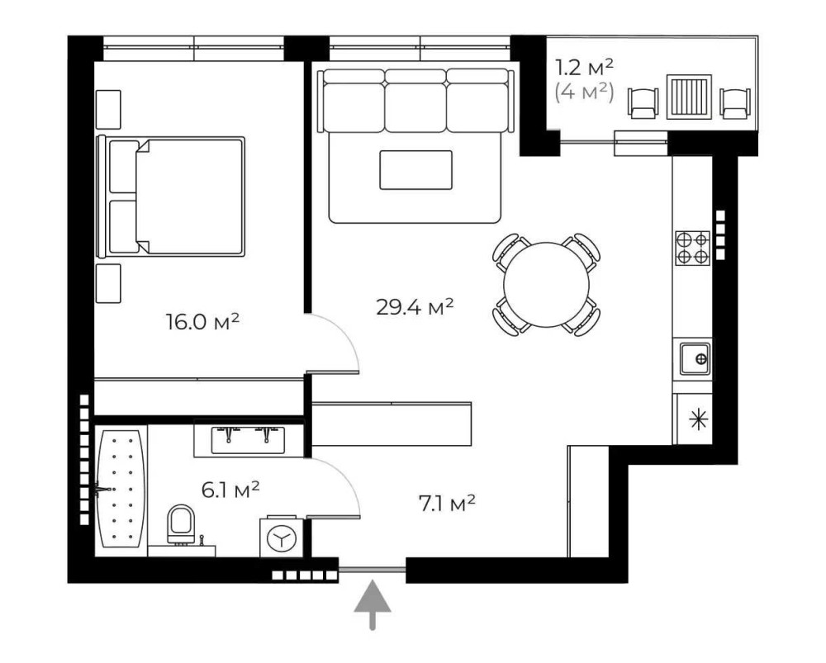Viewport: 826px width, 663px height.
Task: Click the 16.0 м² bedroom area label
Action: pyautogui.click(x=203, y=320)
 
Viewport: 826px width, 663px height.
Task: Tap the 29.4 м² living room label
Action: pyautogui.click(x=415, y=306)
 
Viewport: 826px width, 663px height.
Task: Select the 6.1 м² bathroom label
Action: pyautogui.click(x=230, y=490)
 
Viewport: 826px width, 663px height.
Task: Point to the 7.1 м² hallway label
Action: pyautogui.click(x=447, y=503)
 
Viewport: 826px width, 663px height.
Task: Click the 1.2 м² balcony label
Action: pyautogui.click(x=585, y=67)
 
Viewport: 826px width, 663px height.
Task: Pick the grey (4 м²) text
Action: pyautogui.click(x=585, y=92)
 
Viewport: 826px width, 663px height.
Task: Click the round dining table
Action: pyautogui.click(x=546, y=284)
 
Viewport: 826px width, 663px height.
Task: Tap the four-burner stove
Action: pyautogui.click(x=693, y=248)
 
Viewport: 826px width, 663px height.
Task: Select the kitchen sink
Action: pyautogui.click(x=695, y=359)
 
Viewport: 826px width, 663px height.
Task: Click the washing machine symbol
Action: pyautogui.click(x=282, y=538)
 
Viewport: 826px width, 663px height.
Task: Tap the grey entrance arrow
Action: pyautogui.click(x=373, y=604)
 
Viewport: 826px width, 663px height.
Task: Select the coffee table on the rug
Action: pyautogui.click(x=415, y=169)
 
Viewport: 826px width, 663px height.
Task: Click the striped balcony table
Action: pyautogui.click(x=689, y=97)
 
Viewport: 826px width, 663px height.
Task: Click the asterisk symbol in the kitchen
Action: pyautogui.click(x=699, y=419)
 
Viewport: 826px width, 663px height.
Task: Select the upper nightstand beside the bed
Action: pyautogui.click(x=108, y=110)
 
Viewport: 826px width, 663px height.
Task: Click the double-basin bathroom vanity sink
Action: pyautogui.click(x=248, y=440)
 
